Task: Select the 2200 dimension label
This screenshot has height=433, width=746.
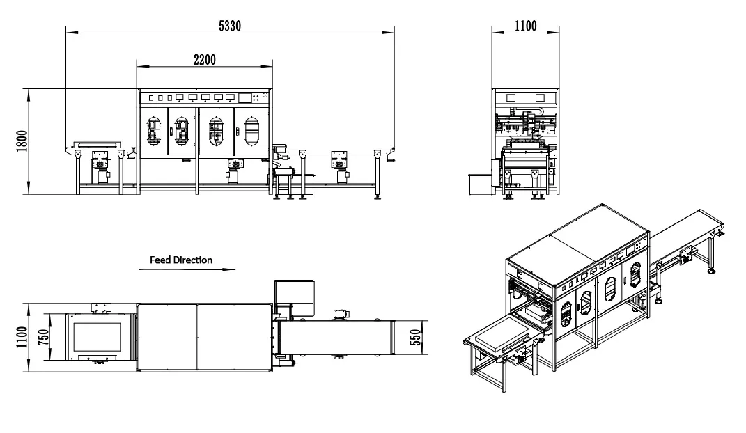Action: click(204, 59)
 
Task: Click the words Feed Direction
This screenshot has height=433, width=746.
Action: click(181, 260)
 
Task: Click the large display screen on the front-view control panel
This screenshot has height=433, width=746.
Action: click(245, 98)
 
